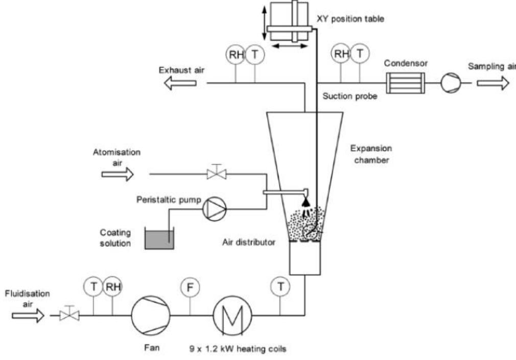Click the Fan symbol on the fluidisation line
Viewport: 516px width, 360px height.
coord(151,315)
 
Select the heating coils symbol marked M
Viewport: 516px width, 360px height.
coord(232,315)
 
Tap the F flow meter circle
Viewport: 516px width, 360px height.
coord(190,287)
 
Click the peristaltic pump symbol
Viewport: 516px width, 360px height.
coord(214,208)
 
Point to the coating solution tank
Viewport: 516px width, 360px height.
coord(159,238)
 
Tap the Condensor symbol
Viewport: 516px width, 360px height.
coord(406,83)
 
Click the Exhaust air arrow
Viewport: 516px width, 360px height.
coord(180,83)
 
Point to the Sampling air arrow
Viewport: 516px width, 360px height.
coord(493,83)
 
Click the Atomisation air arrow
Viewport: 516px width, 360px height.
coord(118,174)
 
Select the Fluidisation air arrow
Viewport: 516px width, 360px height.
coord(28,316)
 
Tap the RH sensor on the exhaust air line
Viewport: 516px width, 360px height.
coord(236,54)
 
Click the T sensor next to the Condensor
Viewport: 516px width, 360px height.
coord(360,53)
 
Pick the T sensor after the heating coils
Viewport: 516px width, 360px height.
coord(280,286)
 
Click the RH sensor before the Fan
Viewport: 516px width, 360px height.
coord(112,286)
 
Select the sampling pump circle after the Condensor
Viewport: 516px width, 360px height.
coord(451,83)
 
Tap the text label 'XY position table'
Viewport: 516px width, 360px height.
coord(350,19)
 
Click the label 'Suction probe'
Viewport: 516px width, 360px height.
coord(349,96)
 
